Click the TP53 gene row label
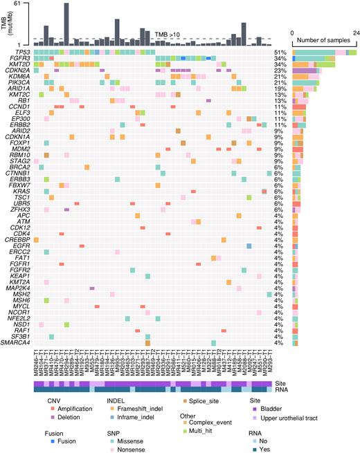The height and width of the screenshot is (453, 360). [21, 52]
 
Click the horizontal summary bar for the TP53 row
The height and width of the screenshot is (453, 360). [315, 52]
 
